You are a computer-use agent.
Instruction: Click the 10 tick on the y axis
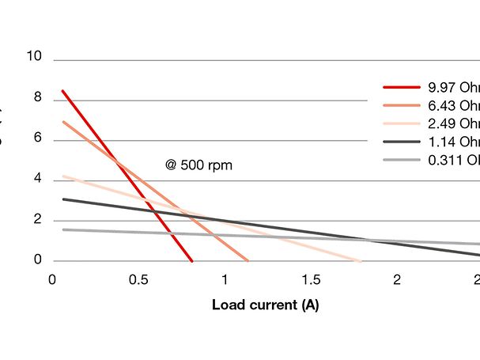(33, 58)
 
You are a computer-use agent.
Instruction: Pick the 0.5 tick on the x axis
(139, 279)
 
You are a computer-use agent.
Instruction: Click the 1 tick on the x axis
(225, 279)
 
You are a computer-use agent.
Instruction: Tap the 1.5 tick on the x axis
(311, 279)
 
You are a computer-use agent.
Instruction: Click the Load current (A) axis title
(265, 305)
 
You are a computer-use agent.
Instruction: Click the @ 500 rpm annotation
(199, 165)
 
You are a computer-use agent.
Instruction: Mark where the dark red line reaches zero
(191, 260)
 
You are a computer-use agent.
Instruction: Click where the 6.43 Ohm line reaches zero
(248, 260)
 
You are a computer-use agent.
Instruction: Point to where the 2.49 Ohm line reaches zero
(361, 260)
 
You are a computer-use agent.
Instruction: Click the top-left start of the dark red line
(62, 91)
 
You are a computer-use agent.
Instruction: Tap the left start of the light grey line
(62, 229)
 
